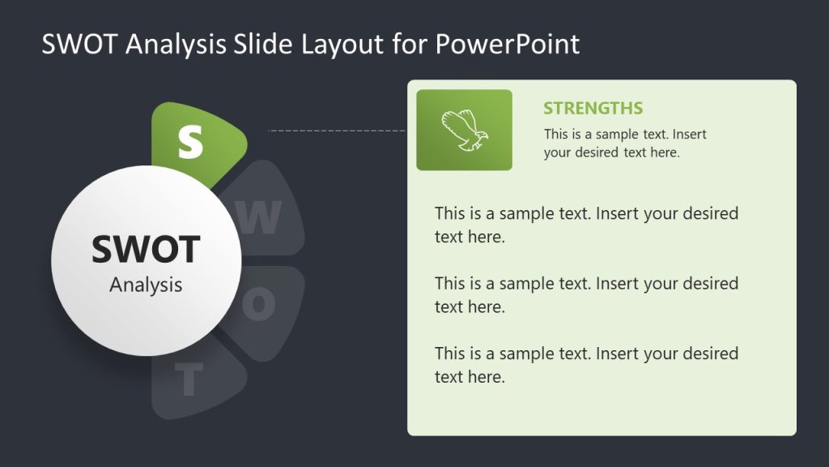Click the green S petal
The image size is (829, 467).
point(194,139)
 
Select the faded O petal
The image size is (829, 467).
point(263,304)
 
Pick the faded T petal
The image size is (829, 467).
point(194,381)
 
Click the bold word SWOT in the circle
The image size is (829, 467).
point(146,249)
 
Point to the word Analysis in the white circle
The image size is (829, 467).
point(146,285)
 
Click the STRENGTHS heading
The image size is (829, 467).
point(593,109)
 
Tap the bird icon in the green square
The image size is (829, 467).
point(464,131)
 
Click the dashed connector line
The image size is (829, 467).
point(336,130)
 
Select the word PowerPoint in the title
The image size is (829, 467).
point(508,44)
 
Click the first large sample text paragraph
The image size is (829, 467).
point(586,225)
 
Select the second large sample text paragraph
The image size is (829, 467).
point(586,294)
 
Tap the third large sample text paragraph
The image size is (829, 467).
point(586,364)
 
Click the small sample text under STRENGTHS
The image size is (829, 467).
point(625,143)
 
